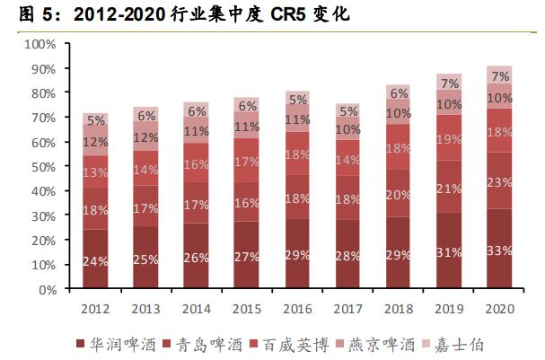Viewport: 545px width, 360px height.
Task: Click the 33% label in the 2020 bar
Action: point(499,250)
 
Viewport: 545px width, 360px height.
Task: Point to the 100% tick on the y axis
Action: point(41,44)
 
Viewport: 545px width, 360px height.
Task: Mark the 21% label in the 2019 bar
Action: point(449,187)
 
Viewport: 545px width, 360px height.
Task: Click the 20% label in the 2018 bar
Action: point(398,195)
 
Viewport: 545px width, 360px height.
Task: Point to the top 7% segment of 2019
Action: point(449,83)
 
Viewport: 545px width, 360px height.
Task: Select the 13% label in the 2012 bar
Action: point(95,172)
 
